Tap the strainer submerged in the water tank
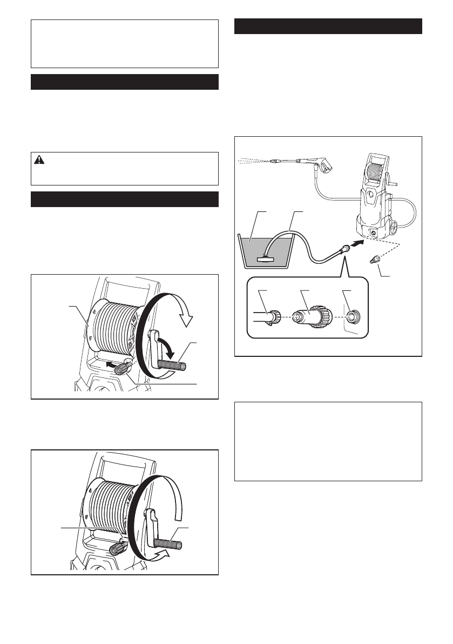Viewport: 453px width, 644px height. [x=267, y=259]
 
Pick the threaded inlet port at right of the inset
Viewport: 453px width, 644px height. [x=354, y=316]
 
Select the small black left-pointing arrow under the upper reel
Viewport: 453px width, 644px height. [x=112, y=366]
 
